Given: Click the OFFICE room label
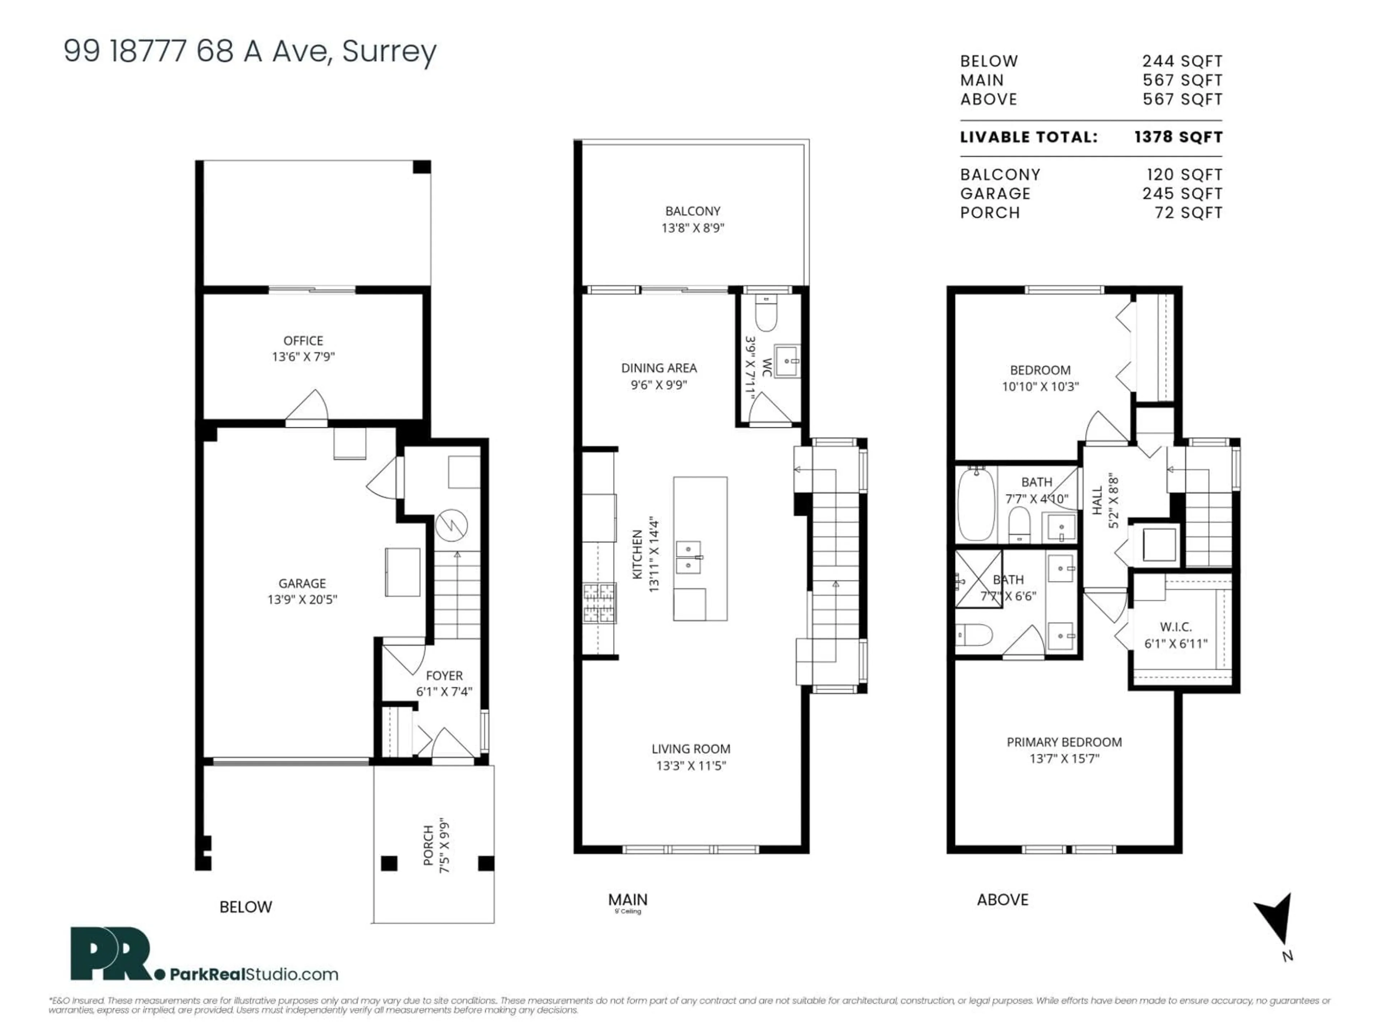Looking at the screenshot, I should pos(303,341).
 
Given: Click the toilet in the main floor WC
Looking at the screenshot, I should pos(766,315).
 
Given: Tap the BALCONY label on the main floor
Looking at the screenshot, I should pos(692,211).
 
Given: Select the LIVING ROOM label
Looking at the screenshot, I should pos(691,749).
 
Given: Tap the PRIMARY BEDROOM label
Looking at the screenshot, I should pos(1064,742).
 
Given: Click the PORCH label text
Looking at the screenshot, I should pos(428,845).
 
